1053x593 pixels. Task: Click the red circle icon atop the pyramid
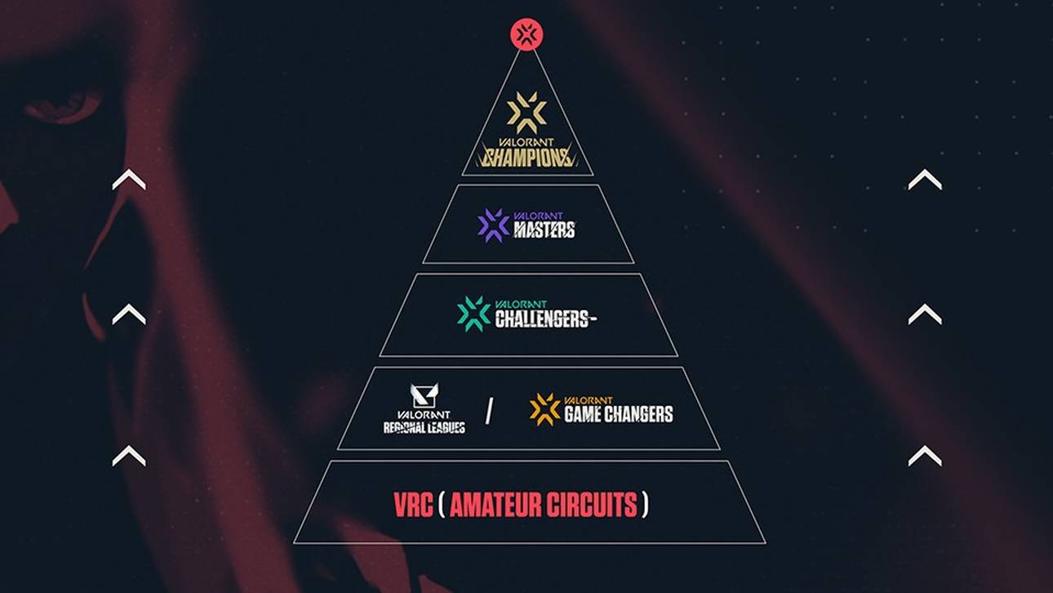pyautogui.click(x=526, y=34)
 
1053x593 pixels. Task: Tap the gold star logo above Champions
pyautogui.click(x=526, y=113)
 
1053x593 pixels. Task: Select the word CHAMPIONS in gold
pyautogui.click(x=527, y=157)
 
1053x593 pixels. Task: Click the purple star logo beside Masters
pyautogui.click(x=493, y=225)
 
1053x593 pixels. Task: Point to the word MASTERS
pyautogui.click(x=544, y=230)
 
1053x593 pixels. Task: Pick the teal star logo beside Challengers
pyautogui.click(x=473, y=314)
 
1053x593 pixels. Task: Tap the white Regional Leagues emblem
pyautogui.click(x=424, y=396)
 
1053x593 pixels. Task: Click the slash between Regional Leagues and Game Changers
pyautogui.click(x=489, y=412)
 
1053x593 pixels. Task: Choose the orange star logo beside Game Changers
pyautogui.click(x=544, y=409)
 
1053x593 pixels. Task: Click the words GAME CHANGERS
pyautogui.click(x=619, y=415)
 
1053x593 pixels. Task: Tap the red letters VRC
pyautogui.click(x=412, y=505)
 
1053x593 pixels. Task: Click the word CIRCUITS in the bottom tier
pyautogui.click(x=592, y=505)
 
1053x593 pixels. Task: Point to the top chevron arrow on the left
pyautogui.click(x=129, y=180)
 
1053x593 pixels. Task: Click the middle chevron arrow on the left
pyautogui.click(x=129, y=314)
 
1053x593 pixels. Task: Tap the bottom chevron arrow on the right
pyautogui.click(x=925, y=455)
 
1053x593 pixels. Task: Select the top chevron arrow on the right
pyautogui.click(x=925, y=179)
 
